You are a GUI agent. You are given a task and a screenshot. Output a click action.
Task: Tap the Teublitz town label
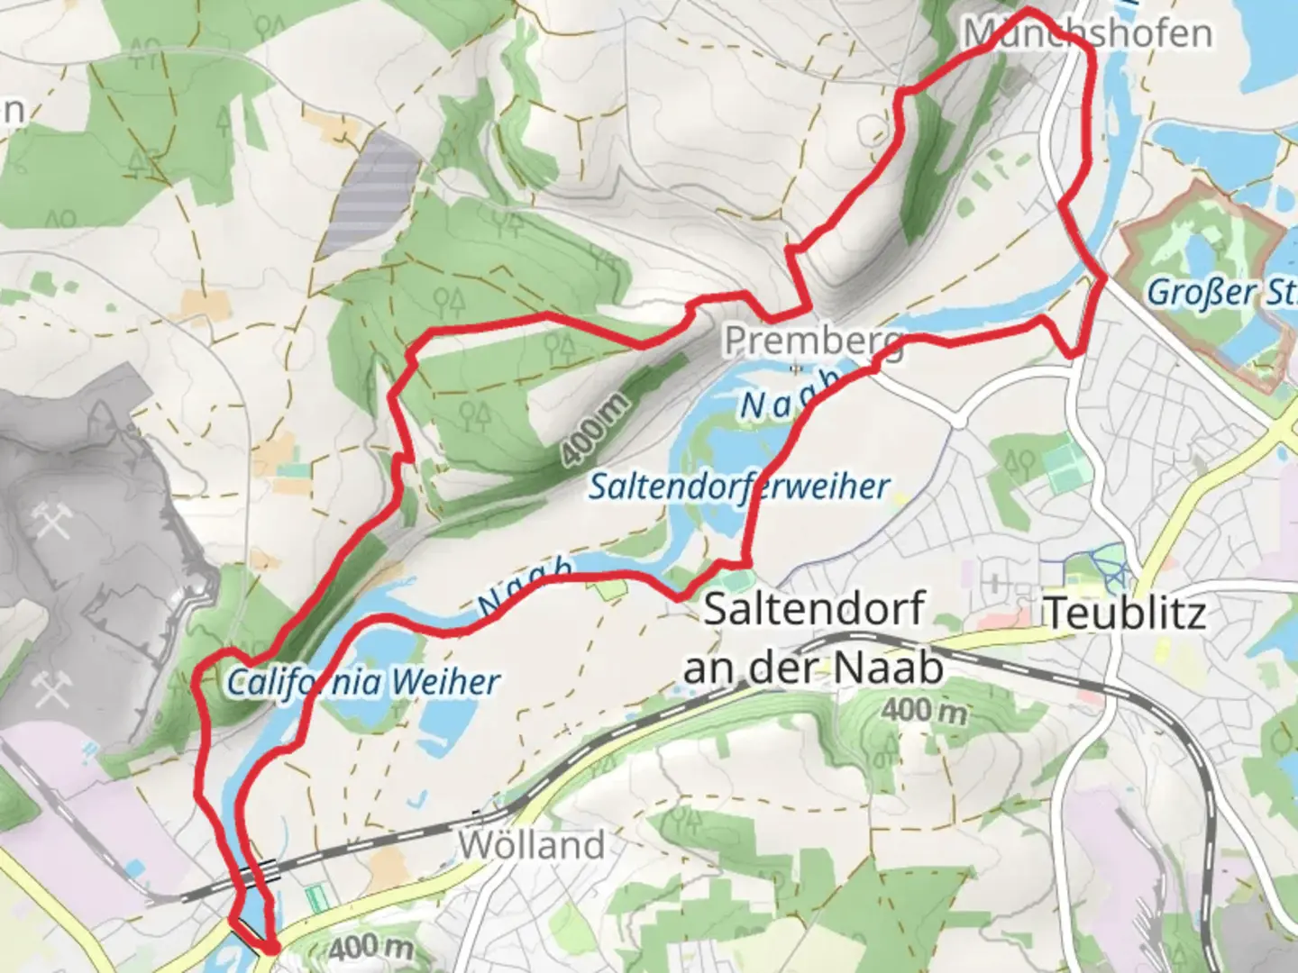(1125, 613)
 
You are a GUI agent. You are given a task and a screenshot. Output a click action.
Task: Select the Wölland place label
(531, 845)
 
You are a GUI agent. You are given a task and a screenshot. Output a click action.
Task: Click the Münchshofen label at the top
(1087, 33)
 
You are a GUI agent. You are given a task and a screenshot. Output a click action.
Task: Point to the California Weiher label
(362, 681)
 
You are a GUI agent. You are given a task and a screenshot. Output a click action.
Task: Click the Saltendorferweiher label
(739, 486)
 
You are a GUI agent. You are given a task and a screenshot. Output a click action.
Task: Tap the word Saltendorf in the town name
(813, 609)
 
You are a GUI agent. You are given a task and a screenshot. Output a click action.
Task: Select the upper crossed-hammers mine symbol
(51, 522)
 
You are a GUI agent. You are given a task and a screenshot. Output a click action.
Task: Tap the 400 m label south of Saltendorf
(923, 711)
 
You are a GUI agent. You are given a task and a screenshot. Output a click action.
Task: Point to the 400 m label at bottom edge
(370, 948)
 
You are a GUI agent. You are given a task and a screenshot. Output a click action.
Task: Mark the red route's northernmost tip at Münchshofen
(1028, 11)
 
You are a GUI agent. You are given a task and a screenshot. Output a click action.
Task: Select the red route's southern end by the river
(270, 946)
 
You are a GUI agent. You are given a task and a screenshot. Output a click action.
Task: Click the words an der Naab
(813, 668)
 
